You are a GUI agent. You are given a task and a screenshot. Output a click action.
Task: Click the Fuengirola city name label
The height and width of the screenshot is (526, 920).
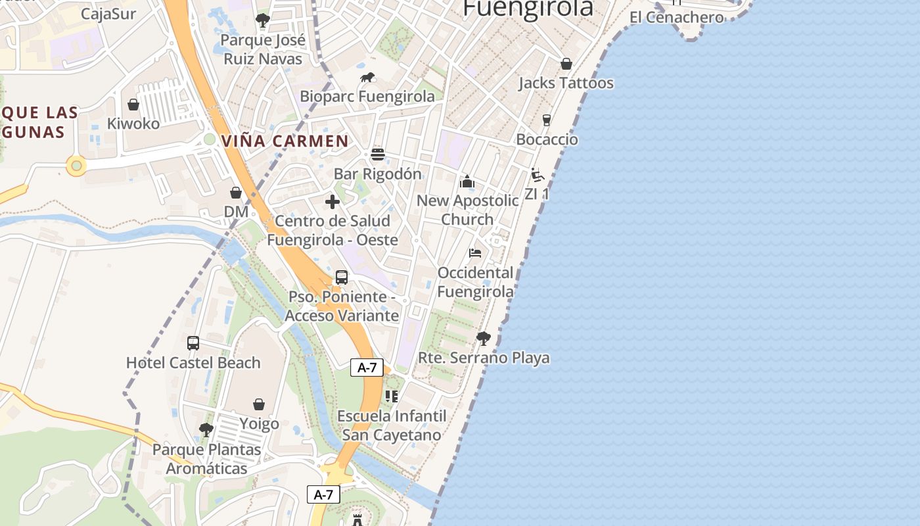(x=528, y=8)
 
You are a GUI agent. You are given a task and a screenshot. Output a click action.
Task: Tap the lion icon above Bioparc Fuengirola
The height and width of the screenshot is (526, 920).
(x=367, y=78)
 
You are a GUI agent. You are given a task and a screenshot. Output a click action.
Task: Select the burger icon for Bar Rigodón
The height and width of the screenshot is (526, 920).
(x=377, y=155)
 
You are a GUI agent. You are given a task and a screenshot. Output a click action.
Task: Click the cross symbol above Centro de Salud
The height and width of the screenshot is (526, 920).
(x=333, y=202)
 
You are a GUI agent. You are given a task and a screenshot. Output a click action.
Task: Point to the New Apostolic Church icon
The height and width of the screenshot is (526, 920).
(x=467, y=181)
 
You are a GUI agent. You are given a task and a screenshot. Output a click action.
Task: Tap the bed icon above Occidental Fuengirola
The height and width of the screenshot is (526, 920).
(x=475, y=253)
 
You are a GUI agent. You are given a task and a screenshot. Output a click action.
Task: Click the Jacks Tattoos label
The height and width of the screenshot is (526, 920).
(x=566, y=83)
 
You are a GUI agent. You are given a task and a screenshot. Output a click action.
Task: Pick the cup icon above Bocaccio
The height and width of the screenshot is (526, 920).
(x=546, y=120)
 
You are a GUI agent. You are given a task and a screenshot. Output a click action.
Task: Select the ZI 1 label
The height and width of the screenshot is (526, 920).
(x=537, y=194)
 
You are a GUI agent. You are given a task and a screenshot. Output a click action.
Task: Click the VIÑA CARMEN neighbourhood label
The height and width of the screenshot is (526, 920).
(x=285, y=141)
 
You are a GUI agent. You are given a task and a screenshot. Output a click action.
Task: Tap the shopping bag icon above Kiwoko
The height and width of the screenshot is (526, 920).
(x=133, y=105)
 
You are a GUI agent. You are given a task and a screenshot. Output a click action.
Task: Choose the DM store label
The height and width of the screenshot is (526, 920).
(x=236, y=212)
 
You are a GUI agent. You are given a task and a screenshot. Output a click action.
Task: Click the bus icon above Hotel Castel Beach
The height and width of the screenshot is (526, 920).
(x=193, y=343)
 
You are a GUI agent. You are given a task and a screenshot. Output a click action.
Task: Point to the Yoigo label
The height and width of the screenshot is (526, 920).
(x=259, y=423)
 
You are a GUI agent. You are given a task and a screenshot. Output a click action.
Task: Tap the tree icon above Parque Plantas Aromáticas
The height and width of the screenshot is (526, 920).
(x=206, y=430)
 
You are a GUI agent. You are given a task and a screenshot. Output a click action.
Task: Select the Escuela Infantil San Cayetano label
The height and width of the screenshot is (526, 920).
(x=392, y=425)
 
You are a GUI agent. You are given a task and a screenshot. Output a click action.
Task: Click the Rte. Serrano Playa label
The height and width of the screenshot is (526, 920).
(x=484, y=358)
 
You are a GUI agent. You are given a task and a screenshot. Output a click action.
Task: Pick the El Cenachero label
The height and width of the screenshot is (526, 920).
(x=677, y=17)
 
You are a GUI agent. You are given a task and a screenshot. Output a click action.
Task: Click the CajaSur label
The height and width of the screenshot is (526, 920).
(x=108, y=13)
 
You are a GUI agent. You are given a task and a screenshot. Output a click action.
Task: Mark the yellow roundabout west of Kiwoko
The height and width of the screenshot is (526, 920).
(x=76, y=166)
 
